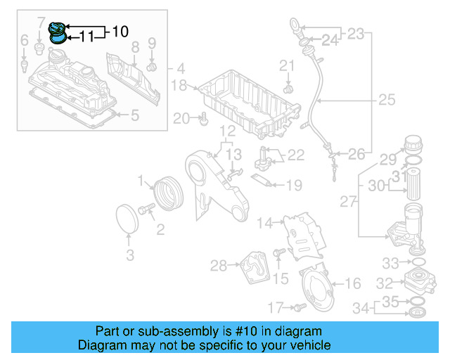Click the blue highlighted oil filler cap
pos(58,31)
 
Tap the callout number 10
pos(120,31)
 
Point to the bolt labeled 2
pos(147,209)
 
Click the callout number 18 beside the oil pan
pos(179,86)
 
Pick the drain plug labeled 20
pos(203,121)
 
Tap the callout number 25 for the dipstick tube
pos(386,101)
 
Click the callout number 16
pos(353,283)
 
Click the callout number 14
pos(264,224)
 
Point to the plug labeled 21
pos(288,89)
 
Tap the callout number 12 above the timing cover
pos(225,131)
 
